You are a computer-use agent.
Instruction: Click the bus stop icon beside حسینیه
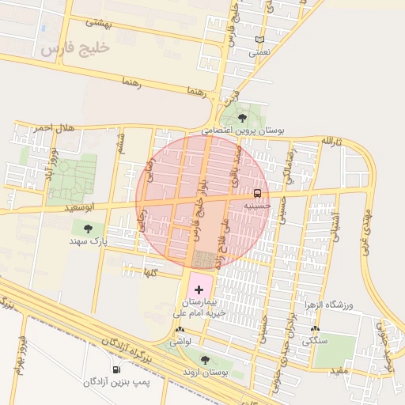pyautogui.click(x=258, y=193)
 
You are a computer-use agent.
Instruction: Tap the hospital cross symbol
pyautogui.click(x=199, y=290)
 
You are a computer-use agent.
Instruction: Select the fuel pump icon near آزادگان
pyautogui.click(x=117, y=369)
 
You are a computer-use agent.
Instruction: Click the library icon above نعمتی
pyautogui.click(x=259, y=40)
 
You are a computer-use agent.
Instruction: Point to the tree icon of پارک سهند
pyautogui.click(x=88, y=228)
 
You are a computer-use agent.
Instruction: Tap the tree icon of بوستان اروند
pyautogui.click(x=205, y=360)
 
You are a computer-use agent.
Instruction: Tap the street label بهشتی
pyautogui.click(x=123, y=24)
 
